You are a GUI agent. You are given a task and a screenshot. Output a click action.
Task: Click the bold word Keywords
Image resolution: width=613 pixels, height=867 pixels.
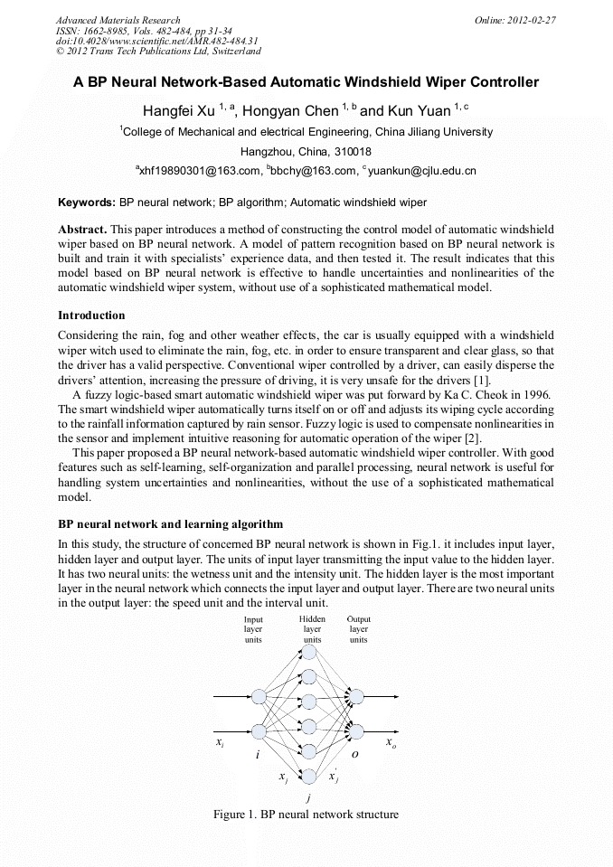[x=86, y=203]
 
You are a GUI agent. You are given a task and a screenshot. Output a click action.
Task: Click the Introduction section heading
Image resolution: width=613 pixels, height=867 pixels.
[x=91, y=316]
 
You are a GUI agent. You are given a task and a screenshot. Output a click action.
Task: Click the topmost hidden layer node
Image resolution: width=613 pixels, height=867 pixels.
[x=309, y=651]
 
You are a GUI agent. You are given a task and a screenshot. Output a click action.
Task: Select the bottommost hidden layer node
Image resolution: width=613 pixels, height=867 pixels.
[x=309, y=776]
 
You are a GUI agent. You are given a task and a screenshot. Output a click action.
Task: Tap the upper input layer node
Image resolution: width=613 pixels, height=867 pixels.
[x=259, y=696]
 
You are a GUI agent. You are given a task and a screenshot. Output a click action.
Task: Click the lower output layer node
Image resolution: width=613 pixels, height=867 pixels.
[x=357, y=730]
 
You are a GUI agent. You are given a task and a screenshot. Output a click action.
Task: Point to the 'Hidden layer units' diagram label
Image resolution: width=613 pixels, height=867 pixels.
[x=312, y=629]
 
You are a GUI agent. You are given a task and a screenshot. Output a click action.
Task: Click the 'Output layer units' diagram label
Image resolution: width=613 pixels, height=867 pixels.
[x=358, y=629]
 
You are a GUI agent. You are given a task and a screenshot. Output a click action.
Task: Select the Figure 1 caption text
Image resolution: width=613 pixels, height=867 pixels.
[x=306, y=815]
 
